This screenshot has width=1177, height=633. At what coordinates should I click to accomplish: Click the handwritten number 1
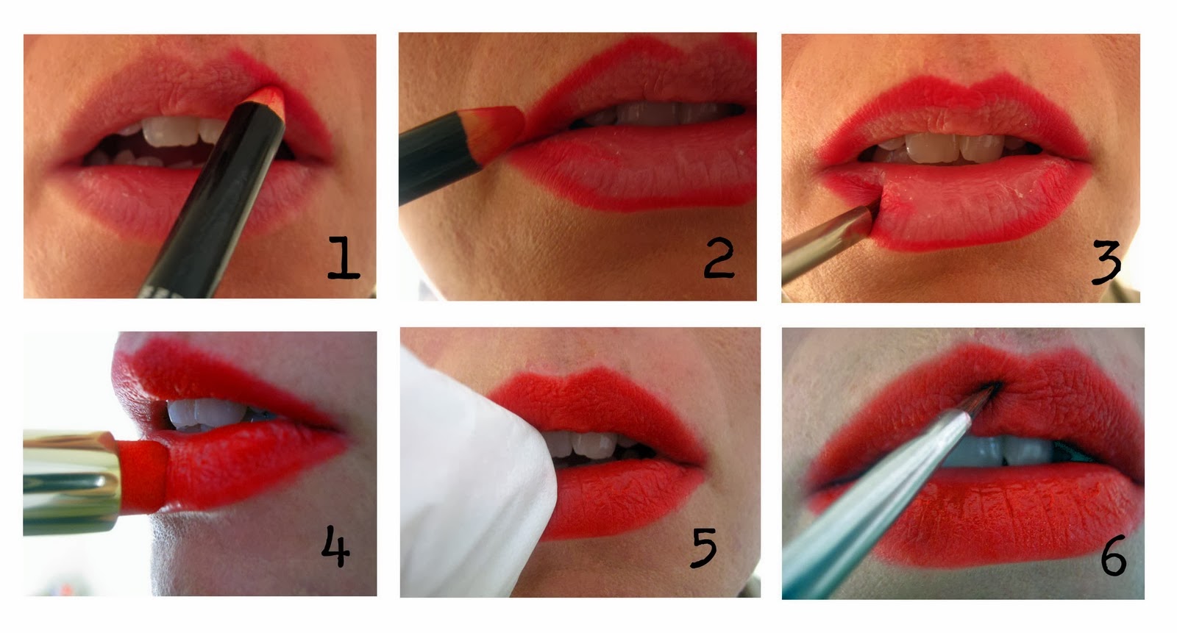[x=343, y=257]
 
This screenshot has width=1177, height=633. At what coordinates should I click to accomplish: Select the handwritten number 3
[x=1106, y=262]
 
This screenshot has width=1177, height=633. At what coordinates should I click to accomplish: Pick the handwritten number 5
[x=703, y=548]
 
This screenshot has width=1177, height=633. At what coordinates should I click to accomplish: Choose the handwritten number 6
[x=1114, y=555]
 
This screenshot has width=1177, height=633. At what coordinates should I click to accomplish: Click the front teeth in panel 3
[x=953, y=148]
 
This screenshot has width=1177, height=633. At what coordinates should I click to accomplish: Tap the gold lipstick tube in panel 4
[x=71, y=482]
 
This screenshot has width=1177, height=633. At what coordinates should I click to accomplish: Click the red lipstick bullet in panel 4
[x=143, y=476]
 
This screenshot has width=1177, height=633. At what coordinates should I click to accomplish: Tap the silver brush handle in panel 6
[x=872, y=504]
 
